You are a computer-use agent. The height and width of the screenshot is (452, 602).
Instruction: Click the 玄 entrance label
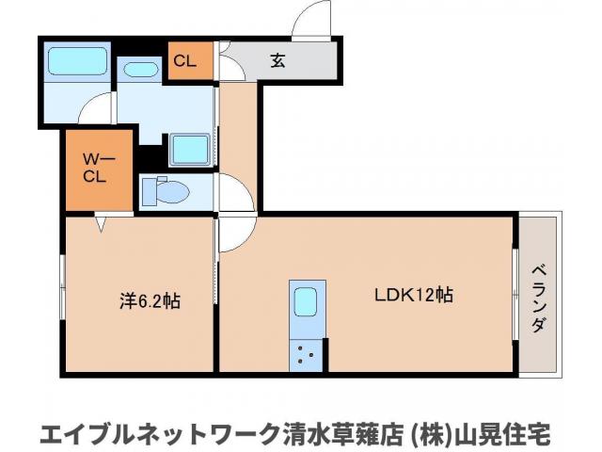coord(277,62)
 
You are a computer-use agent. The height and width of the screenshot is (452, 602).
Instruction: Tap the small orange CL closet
coord(184,62)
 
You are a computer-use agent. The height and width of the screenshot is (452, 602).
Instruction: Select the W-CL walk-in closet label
coord(93,169)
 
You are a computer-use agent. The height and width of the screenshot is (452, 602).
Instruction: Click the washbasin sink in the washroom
coord(141,69)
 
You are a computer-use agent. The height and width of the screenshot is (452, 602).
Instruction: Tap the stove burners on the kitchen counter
coord(307,354)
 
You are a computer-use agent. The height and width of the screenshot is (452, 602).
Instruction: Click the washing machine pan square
coord(191,149)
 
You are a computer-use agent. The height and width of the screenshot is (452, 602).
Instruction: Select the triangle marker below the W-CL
coord(100,225)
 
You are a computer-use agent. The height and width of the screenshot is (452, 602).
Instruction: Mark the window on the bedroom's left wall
coord(62,292)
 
